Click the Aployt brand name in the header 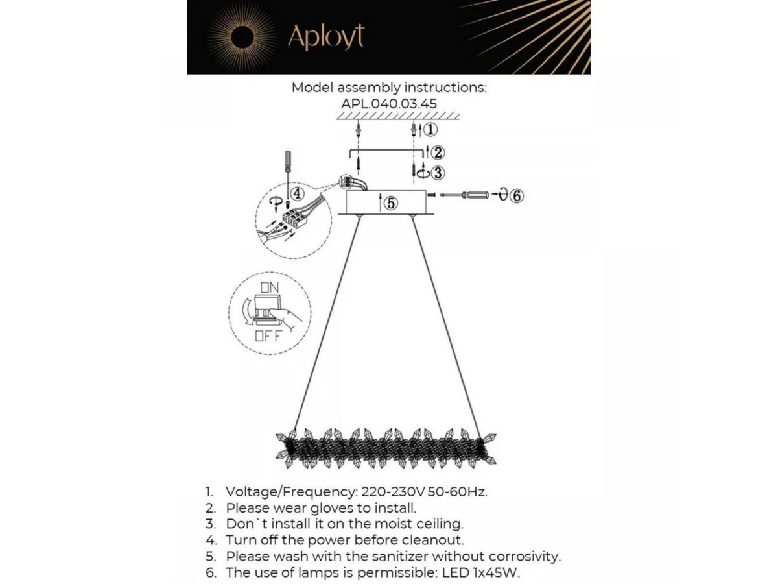pos(325,37)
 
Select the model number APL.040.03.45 pos(389,103)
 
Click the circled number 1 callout pos(430,129)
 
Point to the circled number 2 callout pos(438,153)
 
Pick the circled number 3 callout pos(438,173)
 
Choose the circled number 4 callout pos(296,193)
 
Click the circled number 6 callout pos(516,195)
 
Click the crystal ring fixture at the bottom pos(387,447)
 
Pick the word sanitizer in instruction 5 pos(397,556)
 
